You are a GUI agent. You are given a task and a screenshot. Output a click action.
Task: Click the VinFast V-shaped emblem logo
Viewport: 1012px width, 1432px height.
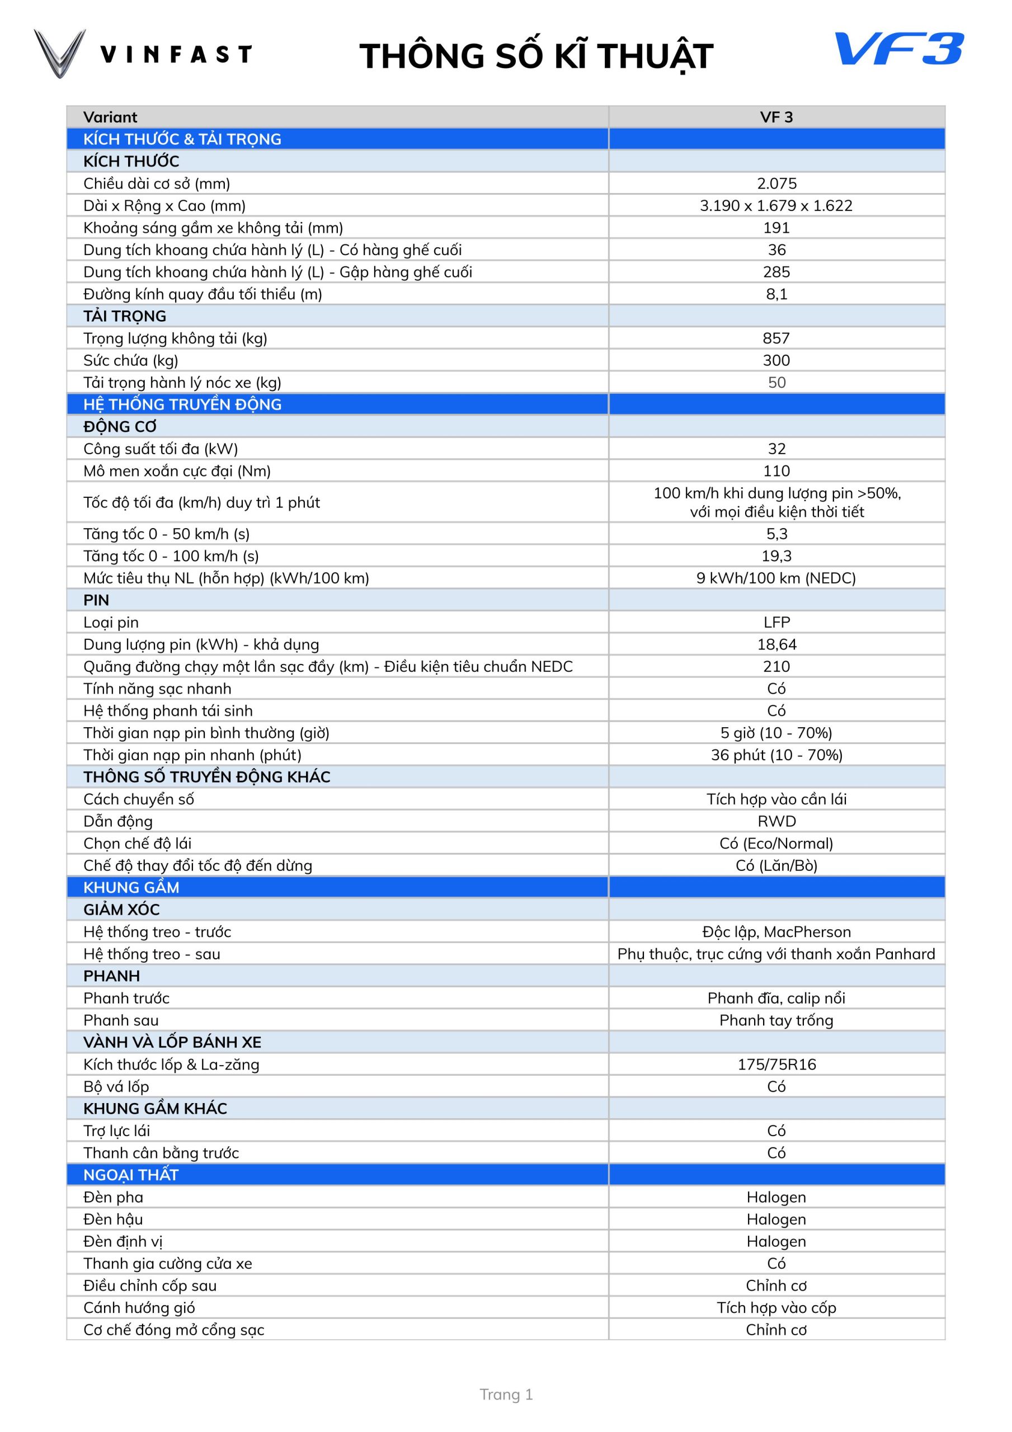point(59,54)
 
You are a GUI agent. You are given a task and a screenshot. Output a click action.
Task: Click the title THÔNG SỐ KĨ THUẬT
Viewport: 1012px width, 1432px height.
point(536,56)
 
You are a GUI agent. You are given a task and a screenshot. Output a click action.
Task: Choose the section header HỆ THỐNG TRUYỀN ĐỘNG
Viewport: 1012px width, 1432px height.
point(182,404)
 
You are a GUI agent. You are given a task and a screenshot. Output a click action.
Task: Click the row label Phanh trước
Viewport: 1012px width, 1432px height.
point(126,998)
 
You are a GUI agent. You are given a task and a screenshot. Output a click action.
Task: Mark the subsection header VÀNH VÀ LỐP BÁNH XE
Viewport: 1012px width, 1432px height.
point(172,1042)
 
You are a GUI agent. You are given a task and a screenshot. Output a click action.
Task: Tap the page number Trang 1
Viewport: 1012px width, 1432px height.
point(506,1395)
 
